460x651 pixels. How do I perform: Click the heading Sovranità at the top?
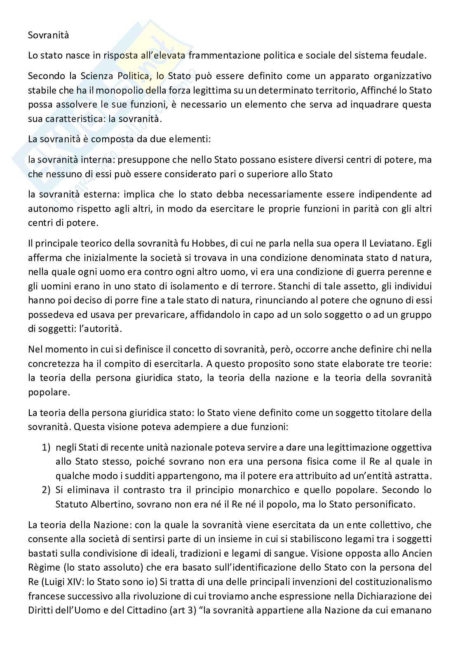point(48,35)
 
